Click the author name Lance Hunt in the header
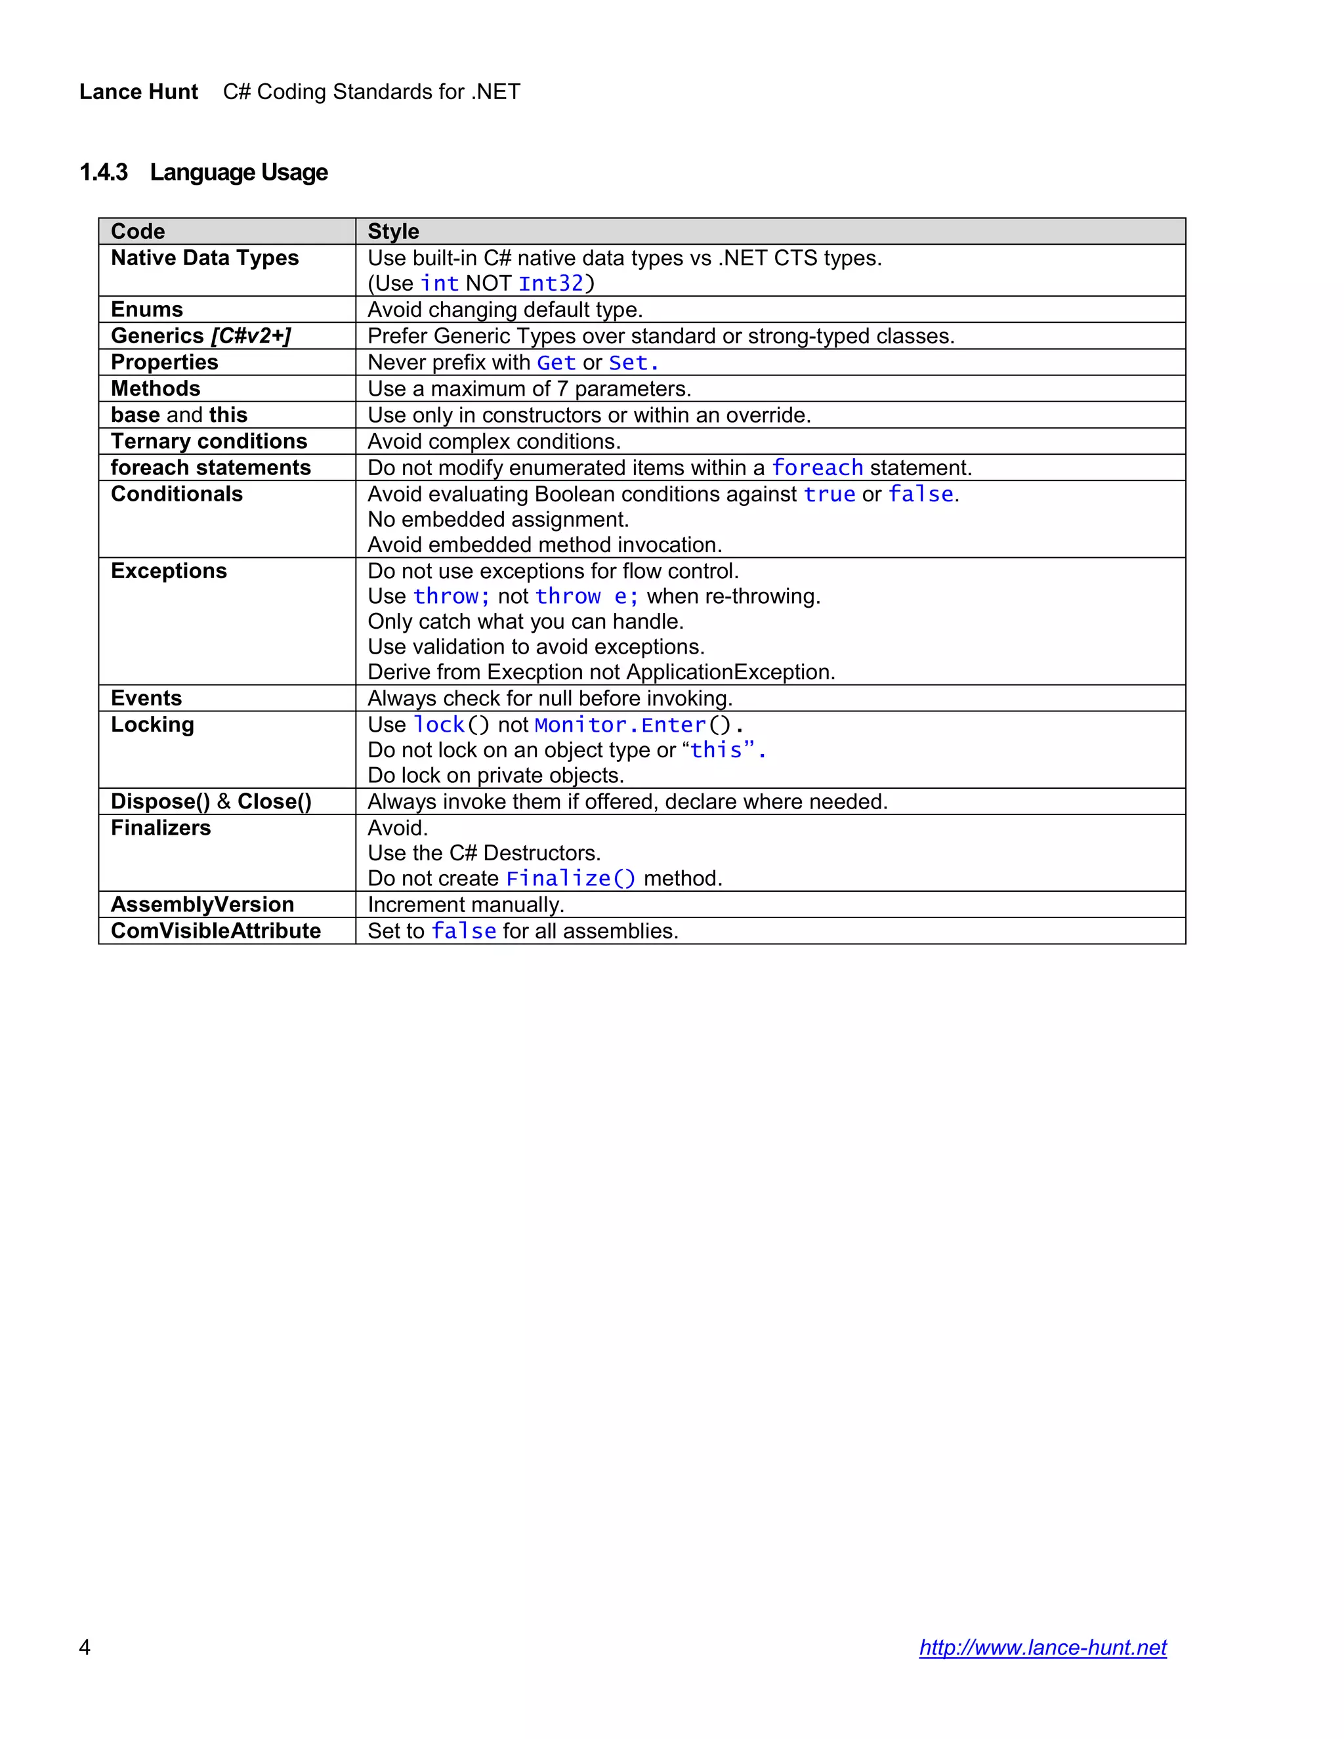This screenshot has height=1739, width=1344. click(138, 93)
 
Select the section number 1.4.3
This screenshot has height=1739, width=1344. click(104, 173)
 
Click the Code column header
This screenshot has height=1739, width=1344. click(138, 232)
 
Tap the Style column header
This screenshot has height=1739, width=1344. click(393, 232)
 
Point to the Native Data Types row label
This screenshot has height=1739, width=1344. click(205, 258)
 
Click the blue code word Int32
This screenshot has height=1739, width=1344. click(551, 283)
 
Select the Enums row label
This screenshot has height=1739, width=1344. click(146, 310)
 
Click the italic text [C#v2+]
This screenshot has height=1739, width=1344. click(251, 336)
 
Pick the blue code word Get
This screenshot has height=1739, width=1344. click(556, 363)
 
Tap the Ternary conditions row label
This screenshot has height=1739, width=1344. click(209, 442)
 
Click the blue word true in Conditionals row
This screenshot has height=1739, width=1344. click(829, 495)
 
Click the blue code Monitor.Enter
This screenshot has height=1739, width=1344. click(620, 725)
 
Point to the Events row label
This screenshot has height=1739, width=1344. click(146, 698)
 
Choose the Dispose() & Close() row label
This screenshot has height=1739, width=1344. click(211, 802)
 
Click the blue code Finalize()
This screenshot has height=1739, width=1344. click(571, 879)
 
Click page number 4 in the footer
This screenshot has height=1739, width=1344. click(85, 1647)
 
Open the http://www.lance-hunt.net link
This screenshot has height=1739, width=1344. click(1042, 1647)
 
